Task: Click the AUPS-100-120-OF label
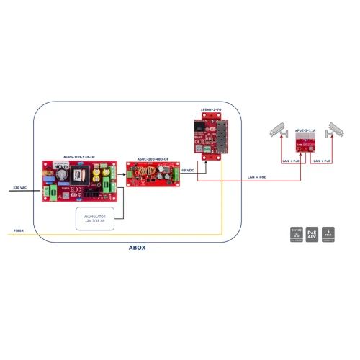[79, 156]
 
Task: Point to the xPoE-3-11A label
[305, 130]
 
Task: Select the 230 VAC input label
[20, 187]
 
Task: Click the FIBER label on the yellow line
[19, 231]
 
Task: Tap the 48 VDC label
[188, 171]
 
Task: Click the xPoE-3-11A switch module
[305, 144]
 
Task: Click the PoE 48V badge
[312, 235]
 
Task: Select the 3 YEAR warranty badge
[329, 235]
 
